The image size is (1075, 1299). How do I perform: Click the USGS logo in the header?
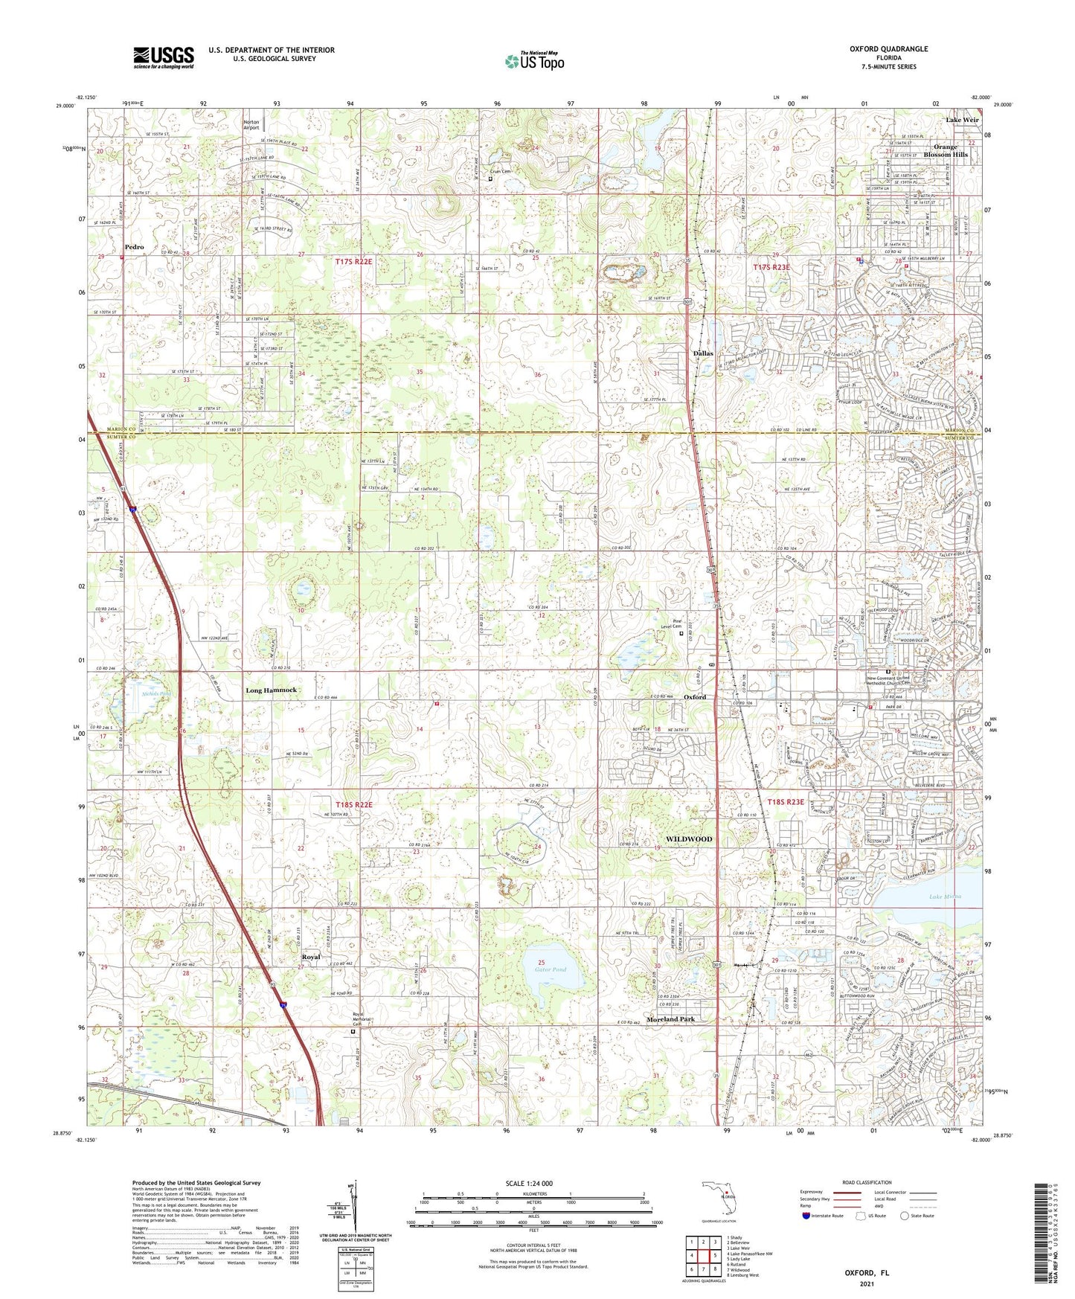pyautogui.click(x=164, y=57)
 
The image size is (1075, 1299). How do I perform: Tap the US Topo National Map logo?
pyautogui.click(x=534, y=60)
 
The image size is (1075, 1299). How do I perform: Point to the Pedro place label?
pyautogui.click(x=135, y=247)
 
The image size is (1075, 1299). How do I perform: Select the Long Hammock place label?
pyautogui.click(x=272, y=690)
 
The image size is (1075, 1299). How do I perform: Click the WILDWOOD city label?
pyautogui.click(x=688, y=839)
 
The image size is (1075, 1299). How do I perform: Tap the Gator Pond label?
pyautogui.click(x=550, y=969)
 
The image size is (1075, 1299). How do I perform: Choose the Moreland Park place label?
pyautogui.click(x=670, y=1019)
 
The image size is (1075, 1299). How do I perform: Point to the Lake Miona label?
pyautogui.click(x=945, y=897)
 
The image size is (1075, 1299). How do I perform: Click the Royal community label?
pyautogui.click(x=310, y=957)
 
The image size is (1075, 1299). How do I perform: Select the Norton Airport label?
pyautogui.click(x=251, y=124)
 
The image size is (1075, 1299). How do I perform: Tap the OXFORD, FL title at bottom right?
pyautogui.click(x=866, y=1273)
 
